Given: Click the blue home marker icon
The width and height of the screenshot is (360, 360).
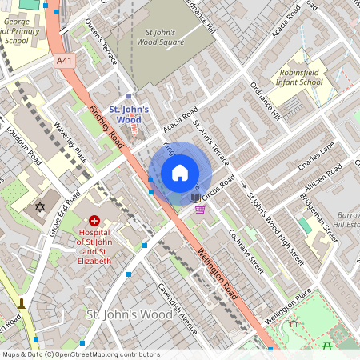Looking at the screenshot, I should [180, 173].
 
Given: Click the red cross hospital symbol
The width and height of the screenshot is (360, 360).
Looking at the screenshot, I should [95, 220].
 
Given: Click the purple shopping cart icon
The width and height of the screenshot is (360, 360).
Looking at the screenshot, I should [200, 210].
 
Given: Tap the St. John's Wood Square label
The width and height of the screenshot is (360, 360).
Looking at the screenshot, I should [159, 38].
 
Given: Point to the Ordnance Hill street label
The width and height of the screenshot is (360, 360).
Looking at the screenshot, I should [264, 103].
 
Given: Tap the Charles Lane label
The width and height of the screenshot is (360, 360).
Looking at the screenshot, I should [316, 153].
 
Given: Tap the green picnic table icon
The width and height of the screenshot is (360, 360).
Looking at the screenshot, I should [328, 345].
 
